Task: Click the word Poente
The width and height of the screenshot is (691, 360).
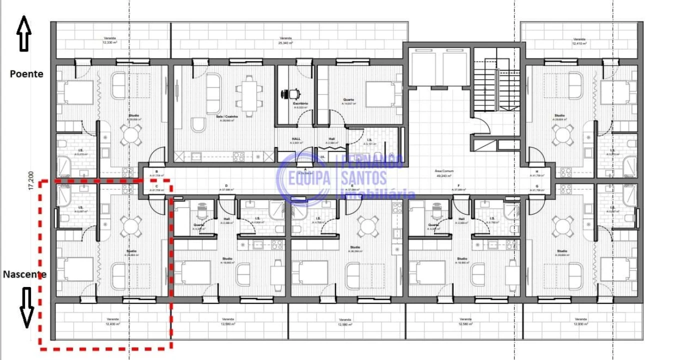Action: [x=26, y=74]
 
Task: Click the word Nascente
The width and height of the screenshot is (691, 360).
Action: [x=24, y=274]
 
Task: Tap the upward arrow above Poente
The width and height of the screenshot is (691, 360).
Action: [x=24, y=33]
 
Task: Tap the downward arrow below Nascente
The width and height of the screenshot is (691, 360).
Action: [x=26, y=307]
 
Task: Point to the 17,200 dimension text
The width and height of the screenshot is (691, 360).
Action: [x=31, y=180]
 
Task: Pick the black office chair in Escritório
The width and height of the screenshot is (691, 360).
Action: [x=291, y=93]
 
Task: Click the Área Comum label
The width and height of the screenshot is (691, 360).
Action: [x=444, y=171]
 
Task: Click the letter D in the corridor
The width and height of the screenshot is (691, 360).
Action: [x=226, y=185]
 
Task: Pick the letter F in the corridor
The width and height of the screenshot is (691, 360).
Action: [x=458, y=185]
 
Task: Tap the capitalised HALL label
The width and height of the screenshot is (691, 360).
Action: [x=296, y=139]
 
